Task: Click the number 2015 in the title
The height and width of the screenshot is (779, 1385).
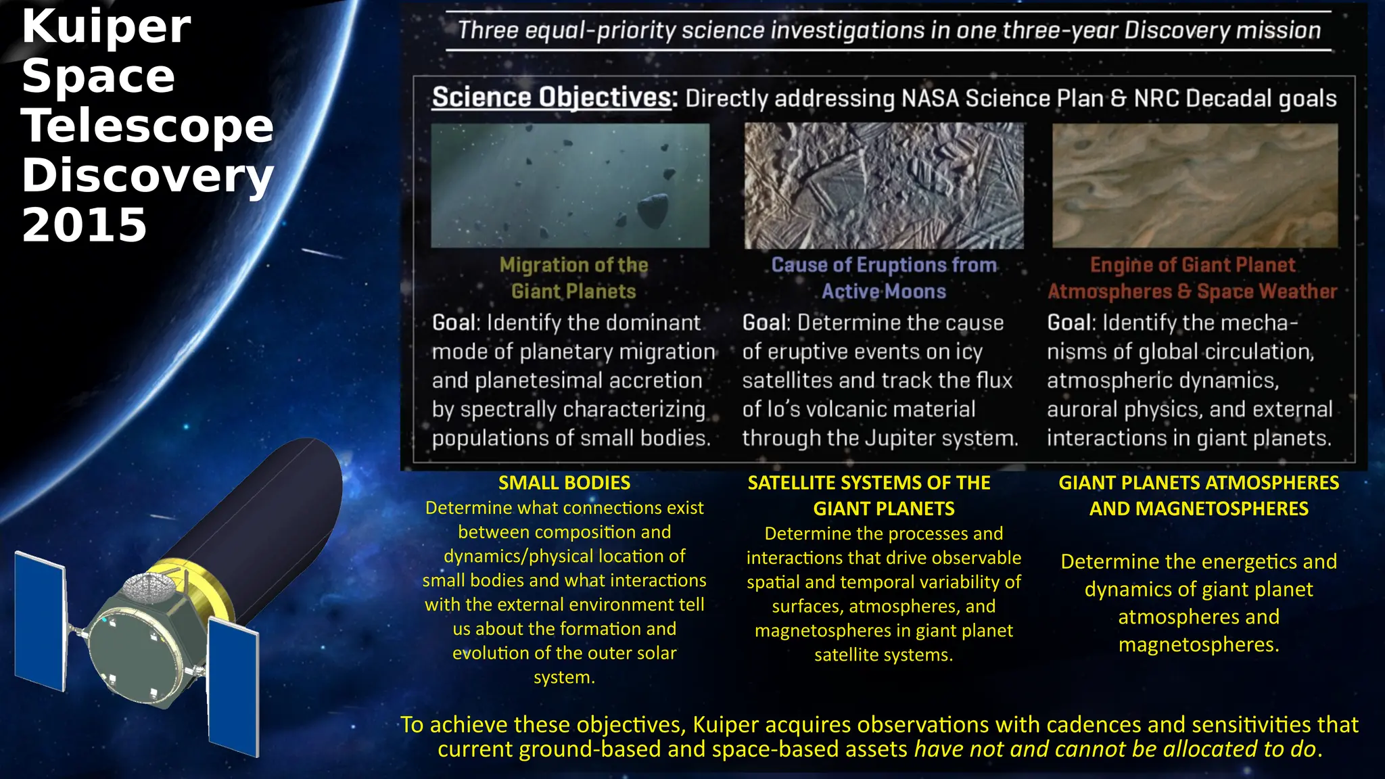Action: click(x=85, y=225)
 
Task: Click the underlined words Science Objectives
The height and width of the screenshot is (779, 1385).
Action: click(x=553, y=97)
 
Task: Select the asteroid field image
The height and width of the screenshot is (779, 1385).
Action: click(x=570, y=185)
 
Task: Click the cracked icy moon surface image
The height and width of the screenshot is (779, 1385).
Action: click(x=884, y=185)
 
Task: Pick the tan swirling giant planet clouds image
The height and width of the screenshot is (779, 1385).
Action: click(x=1195, y=185)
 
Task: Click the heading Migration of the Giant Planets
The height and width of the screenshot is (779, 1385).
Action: click(x=573, y=278)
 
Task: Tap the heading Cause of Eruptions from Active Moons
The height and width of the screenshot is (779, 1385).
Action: click(x=884, y=278)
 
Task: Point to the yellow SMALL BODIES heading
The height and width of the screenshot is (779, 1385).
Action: click(x=564, y=483)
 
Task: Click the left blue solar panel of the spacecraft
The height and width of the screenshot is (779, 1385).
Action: click(x=41, y=620)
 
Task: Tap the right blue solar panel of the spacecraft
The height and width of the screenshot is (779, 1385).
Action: click(x=233, y=686)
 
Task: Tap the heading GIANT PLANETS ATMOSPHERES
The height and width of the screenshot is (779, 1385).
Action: click(x=1198, y=483)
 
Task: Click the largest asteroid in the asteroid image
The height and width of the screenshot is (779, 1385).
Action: click(x=653, y=211)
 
